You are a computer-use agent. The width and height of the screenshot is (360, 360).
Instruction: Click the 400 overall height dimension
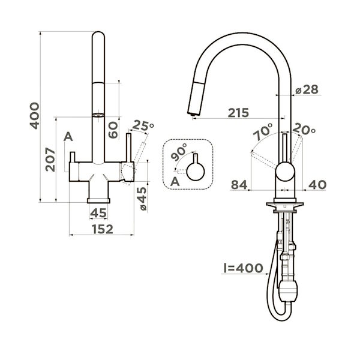[x=35, y=116]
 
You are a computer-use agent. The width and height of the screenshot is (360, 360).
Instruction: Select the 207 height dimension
[x=50, y=160]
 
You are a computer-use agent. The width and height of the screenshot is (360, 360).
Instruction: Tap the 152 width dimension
[x=103, y=229]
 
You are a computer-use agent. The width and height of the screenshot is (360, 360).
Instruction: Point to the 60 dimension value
[x=113, y=130]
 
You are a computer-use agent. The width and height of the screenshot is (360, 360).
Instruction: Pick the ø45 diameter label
[x=142, y=199]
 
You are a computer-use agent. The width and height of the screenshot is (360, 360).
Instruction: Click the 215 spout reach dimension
[x=238, y=113]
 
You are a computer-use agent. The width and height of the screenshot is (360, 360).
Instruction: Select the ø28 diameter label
[x=307, y=89]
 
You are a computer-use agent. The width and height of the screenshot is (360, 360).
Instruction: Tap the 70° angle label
[x=263, y=131]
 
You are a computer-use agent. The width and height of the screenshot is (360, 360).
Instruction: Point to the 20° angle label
[x=304, y=129]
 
